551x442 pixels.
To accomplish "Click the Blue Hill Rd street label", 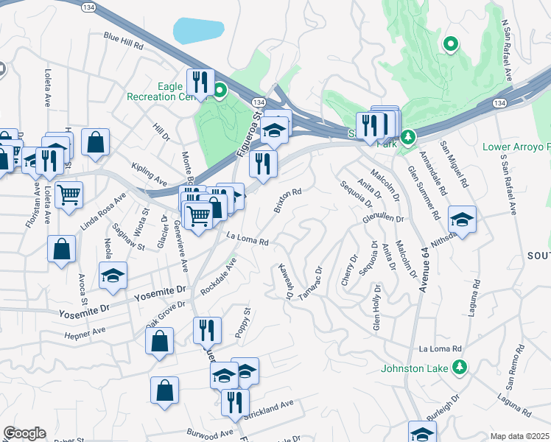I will [123, 41].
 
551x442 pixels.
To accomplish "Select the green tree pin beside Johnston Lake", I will [460, 366].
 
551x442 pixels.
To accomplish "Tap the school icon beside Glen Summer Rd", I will [462, 219].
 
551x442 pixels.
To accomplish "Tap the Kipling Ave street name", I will [150, 174].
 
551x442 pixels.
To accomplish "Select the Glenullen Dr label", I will [384, 219].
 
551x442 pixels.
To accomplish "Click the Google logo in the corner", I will [24, 433].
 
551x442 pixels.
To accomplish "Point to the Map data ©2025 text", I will [519, 436].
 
